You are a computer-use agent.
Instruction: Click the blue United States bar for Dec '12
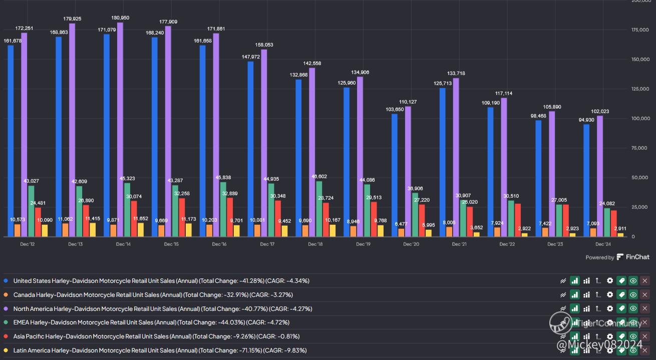click(x=11, y=141)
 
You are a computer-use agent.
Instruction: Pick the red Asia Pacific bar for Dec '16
click(x=229, y=217)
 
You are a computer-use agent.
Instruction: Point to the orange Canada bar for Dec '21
click(x=449, y=231)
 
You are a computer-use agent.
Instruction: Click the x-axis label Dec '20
click(x=411, y=244)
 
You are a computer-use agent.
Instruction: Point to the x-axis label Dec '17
click(x=267, y=244)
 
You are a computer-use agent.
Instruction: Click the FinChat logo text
click(x=637, y=257)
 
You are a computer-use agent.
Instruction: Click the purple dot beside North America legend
click(x=6, y=308)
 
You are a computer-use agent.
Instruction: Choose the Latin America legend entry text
click(x=160, y=350)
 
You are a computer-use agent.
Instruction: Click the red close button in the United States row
click(x=645, y=281)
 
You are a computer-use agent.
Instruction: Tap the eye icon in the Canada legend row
click(x=633, y=295)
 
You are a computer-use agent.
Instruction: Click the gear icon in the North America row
click(x=610, y=308)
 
